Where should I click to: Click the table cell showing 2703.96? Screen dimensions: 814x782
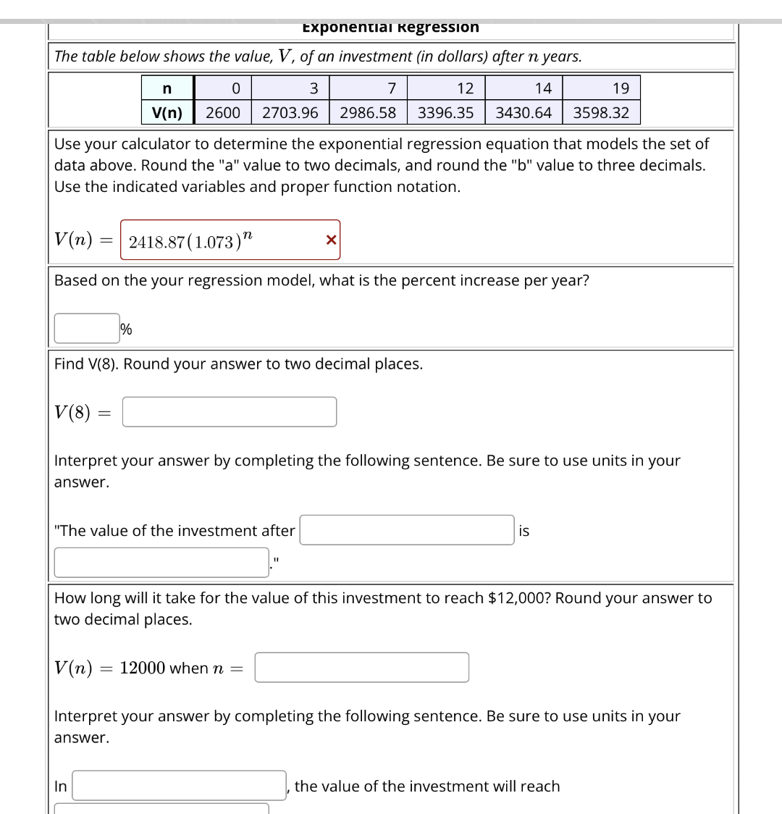pos(290,112)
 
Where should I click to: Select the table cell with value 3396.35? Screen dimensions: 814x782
pos(445,112)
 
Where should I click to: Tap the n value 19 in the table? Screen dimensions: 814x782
pos(621,88)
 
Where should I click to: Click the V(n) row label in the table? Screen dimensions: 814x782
pos(167,112)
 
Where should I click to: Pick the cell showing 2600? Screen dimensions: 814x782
pos(223,112)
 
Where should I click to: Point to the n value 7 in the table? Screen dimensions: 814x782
pos(391,88)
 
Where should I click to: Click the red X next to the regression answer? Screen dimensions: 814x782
pos(331,240)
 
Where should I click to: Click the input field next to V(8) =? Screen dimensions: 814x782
pos(229,412)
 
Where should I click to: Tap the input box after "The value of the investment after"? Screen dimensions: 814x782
pos(408,530)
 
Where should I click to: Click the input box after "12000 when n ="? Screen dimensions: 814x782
pos(361,668)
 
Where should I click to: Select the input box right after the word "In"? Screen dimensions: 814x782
pos(179,786)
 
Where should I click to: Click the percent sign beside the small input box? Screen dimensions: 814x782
pos(126,330)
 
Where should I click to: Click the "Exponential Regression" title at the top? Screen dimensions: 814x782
pos(390,28)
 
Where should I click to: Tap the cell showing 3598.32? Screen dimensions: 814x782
pos(601,112)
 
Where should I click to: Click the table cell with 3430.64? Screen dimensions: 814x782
pos(524,112)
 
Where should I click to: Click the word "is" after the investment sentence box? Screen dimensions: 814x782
pos(524,531)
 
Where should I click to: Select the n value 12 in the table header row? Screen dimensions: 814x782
pos(465,88)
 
